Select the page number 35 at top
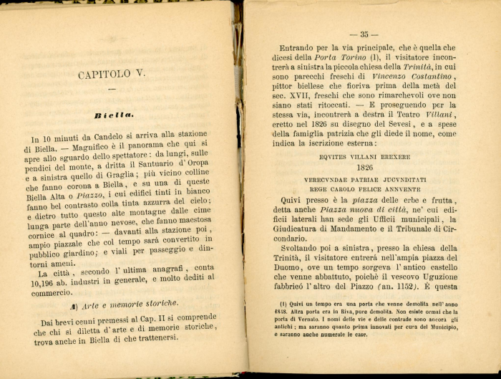point(364,34)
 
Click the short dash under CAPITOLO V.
point(112,89)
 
